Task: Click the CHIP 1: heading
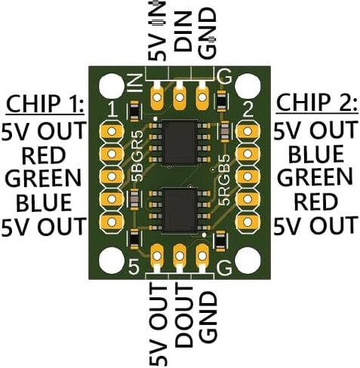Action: click(x=45, y=104)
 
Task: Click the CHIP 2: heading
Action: click(x=317, y=103)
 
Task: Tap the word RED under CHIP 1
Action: click(x=44, y=156)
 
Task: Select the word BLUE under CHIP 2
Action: click(x=316, y=153)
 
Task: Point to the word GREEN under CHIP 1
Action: click(x=43, y=178)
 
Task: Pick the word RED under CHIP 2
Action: click(x=316, y=202)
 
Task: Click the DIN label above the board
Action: click(x=183, y=32)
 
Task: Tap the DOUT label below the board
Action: click(x=183, y=315)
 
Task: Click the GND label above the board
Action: click(x=208, y=32)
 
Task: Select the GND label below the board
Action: click(x=208, y=317)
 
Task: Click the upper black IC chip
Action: click(x=179, y=143)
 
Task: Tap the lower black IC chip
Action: click(x=179, y=210)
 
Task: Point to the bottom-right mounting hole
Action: click(x=248, y=260)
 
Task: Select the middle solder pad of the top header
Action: click(x=180, y=96)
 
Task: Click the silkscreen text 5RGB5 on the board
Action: click(x=223, y=179)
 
